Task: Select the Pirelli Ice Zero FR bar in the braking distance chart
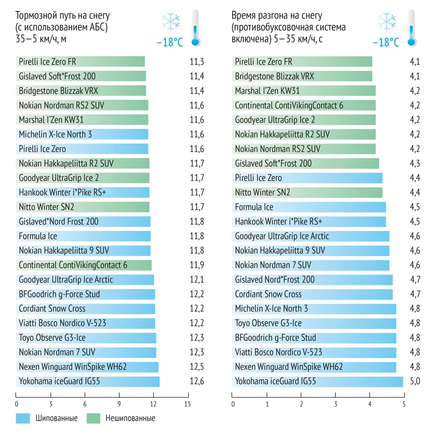(80, 62)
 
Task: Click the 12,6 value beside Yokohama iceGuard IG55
(196, 381)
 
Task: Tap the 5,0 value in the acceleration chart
(415, 381)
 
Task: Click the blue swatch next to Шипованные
(24, 418)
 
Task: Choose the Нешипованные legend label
(130, 418)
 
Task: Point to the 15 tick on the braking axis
(187, 404)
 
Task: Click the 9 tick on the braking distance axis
(119, 404)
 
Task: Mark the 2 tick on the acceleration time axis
(301, 404)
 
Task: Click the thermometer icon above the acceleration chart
(411, 28)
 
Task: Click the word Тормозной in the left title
(35, 16)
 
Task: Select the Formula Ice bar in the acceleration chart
(309, 207)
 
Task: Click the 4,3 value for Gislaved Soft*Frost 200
(415, 163)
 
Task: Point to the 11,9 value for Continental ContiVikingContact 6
(196, 265)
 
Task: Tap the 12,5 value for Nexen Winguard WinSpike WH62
(196, 366)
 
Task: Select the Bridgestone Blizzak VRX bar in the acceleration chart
(302, 76)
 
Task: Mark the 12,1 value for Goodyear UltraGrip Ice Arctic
(196, 279)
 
